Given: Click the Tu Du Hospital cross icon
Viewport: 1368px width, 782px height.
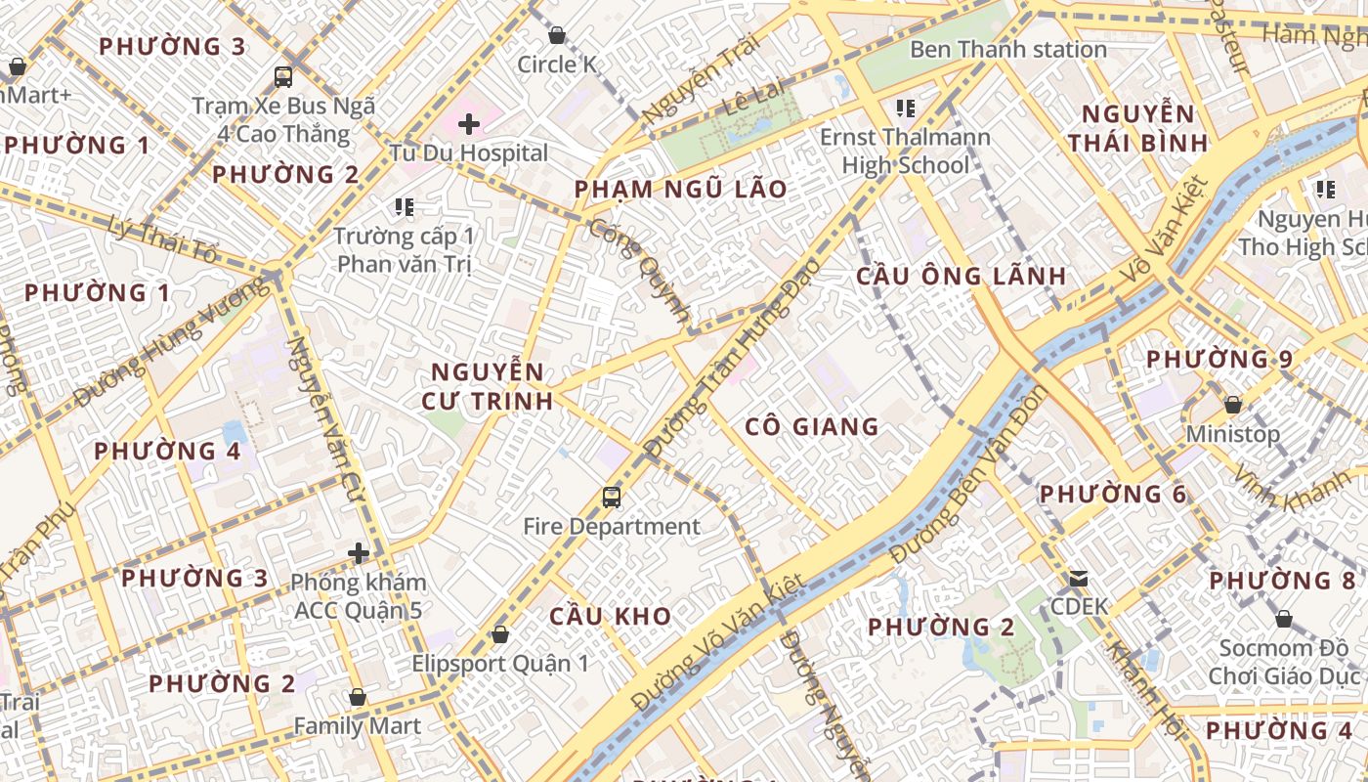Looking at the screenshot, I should (469, 124).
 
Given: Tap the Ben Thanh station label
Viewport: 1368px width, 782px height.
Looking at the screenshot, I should (1008, 49).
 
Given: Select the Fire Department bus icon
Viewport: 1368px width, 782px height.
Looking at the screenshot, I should (612, 498).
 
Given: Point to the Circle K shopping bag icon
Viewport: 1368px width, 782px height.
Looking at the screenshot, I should (557, 36).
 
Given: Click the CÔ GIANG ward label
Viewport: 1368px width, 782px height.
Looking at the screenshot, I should (812, 426).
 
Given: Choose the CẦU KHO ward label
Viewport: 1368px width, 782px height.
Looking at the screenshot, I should (610, 616).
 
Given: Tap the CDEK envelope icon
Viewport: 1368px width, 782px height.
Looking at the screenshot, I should (1079, 579).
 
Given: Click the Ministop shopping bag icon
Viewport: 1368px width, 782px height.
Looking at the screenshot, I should (1233, 405).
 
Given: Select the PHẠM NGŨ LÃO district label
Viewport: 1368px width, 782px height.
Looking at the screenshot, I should (680, 189).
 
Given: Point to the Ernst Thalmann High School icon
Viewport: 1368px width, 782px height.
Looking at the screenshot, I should (905, 109).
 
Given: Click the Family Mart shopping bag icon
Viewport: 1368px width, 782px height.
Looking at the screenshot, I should (358, 698).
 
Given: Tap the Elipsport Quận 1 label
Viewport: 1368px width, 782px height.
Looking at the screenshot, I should (500, 664).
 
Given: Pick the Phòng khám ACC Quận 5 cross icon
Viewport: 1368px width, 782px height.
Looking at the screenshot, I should (359, 554).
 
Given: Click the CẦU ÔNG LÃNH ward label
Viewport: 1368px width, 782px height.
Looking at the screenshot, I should (962, 276).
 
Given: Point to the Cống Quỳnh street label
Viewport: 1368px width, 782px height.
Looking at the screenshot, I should (641, 272).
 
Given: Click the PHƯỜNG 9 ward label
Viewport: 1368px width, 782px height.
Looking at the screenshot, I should (1219, 359).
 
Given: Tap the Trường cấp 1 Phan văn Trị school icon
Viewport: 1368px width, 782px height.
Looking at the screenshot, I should (405, 207).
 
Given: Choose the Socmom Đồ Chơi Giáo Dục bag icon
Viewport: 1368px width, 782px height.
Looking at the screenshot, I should (1284, 620).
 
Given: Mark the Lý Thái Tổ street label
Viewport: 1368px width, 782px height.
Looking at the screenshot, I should (164, 239).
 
